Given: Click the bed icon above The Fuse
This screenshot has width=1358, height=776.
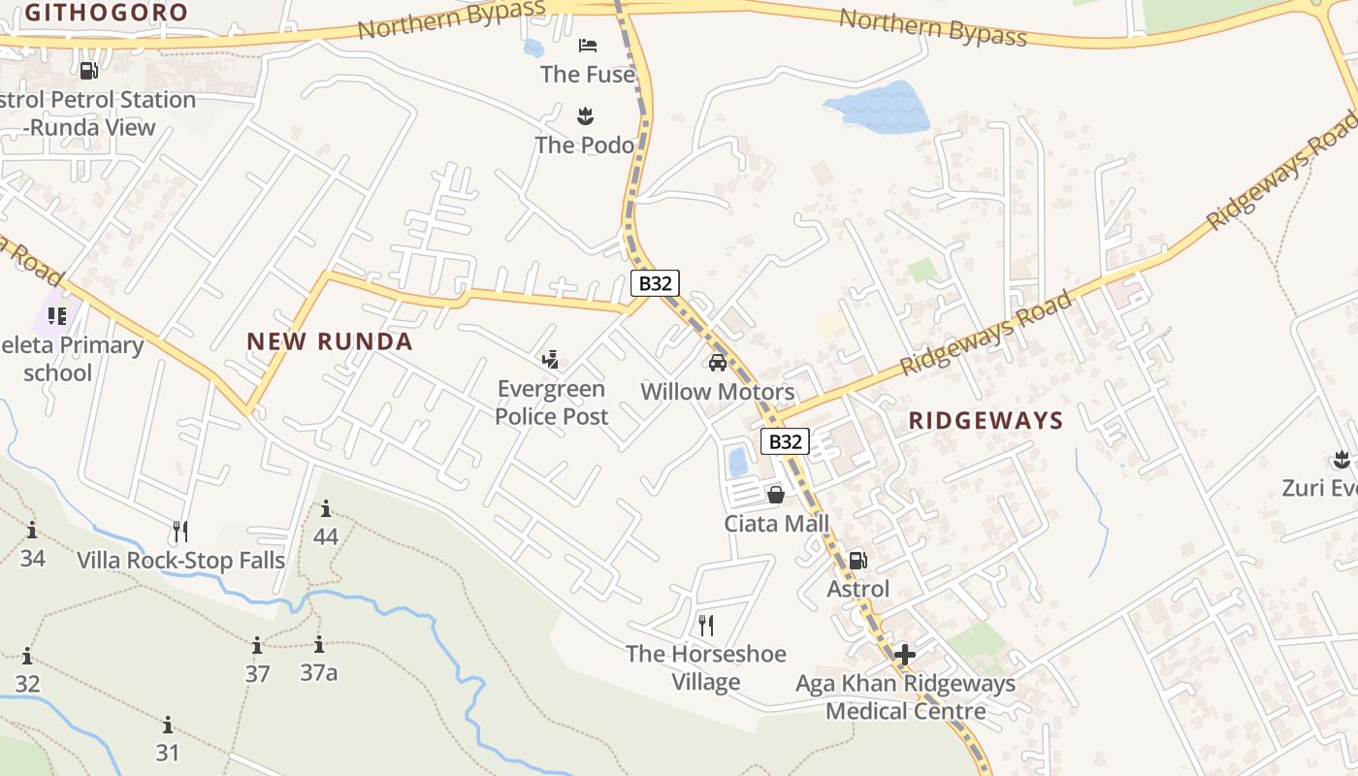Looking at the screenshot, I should [x=587, y=46].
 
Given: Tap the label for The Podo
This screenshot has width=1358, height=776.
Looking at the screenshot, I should [x=585, y=145].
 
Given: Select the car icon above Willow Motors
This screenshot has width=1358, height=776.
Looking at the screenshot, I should [x=718, y=363].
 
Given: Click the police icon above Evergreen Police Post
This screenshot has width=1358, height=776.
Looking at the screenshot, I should [x=551, y=361].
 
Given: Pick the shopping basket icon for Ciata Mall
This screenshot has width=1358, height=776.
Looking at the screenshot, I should [x=776, y=496].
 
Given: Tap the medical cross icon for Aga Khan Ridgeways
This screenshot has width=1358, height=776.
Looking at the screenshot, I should [x=904, y=656].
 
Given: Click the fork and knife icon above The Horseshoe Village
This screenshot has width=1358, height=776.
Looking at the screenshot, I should [x=706, y=626].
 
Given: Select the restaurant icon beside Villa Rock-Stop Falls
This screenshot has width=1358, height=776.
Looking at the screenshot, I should [x=179, y=532].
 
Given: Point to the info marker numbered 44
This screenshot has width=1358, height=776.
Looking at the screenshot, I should [x=326, y=509].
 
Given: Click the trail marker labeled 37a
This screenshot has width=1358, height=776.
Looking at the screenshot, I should [x=319, y=645].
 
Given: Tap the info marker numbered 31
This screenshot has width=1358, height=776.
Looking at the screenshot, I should [x=168, y=726].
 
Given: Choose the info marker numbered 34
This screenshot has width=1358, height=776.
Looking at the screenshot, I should [x=32, y=531].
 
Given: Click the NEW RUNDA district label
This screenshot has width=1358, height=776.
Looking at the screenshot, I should [x=330, y=341].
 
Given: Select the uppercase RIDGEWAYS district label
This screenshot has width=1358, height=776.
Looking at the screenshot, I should [x=986, y=421].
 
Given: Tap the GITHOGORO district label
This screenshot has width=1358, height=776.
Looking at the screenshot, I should [x=107, y=13].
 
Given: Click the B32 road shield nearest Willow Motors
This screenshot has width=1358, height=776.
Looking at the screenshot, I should [x=655, y=283].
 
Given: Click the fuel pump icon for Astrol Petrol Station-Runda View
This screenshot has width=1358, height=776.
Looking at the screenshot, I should [x=88, y=71].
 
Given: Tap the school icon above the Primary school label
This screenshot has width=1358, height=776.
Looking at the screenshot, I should [x=57, y=316].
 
